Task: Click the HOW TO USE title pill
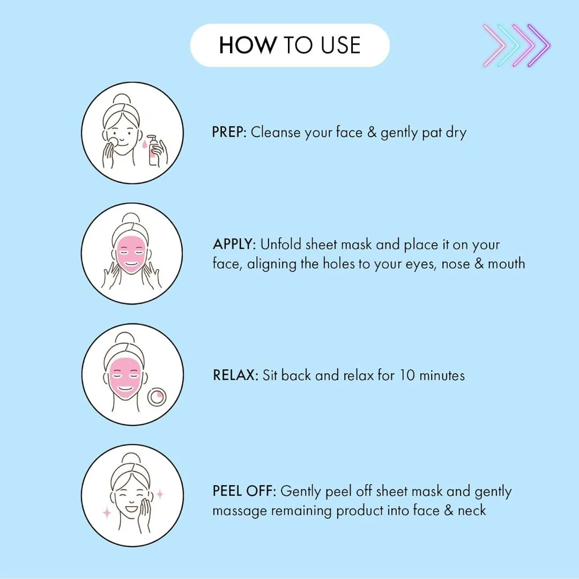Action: [290, 45]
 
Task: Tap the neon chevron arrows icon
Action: [517, 46]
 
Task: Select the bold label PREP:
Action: [229, 132]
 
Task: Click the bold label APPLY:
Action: [234, 244]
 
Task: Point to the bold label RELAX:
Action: [235, 375]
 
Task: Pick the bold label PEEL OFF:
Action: [244, 491]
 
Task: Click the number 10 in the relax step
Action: [407, 375]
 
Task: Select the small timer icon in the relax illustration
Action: [157, 397]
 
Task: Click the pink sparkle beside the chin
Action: [107, 513]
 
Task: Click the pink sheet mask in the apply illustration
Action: [131, 254]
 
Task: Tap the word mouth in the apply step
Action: [506, 264]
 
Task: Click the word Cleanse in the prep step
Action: [276, 132]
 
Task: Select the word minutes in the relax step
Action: [442, 375]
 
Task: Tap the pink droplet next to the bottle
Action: [144, 144]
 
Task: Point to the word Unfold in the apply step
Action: [280, 244]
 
